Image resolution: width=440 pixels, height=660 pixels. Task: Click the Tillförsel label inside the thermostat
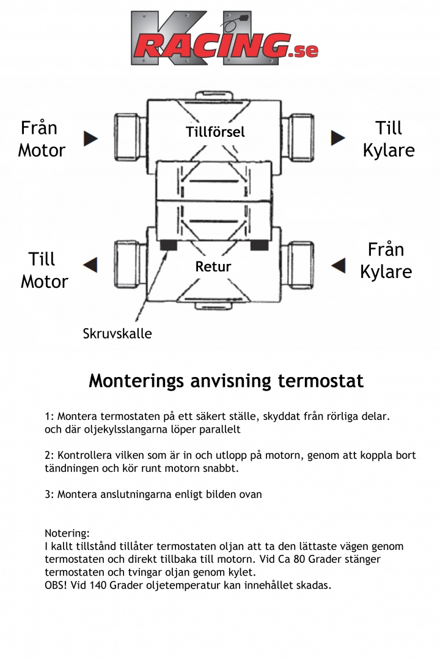click(215, 132)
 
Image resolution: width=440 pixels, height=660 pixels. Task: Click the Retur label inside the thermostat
click(213, 266)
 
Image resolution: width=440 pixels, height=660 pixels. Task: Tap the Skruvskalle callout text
click(117, 334)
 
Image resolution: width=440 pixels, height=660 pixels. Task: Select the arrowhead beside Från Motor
click(91, 138)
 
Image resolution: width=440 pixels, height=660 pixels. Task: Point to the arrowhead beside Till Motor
click(90, 265)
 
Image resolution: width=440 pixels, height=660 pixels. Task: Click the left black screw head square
click(168, 245)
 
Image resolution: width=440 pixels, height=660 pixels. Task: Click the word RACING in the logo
click(211, 46)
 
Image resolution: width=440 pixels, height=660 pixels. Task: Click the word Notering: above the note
click(67, 533)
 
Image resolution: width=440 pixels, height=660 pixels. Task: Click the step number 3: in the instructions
click(50, 494)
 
